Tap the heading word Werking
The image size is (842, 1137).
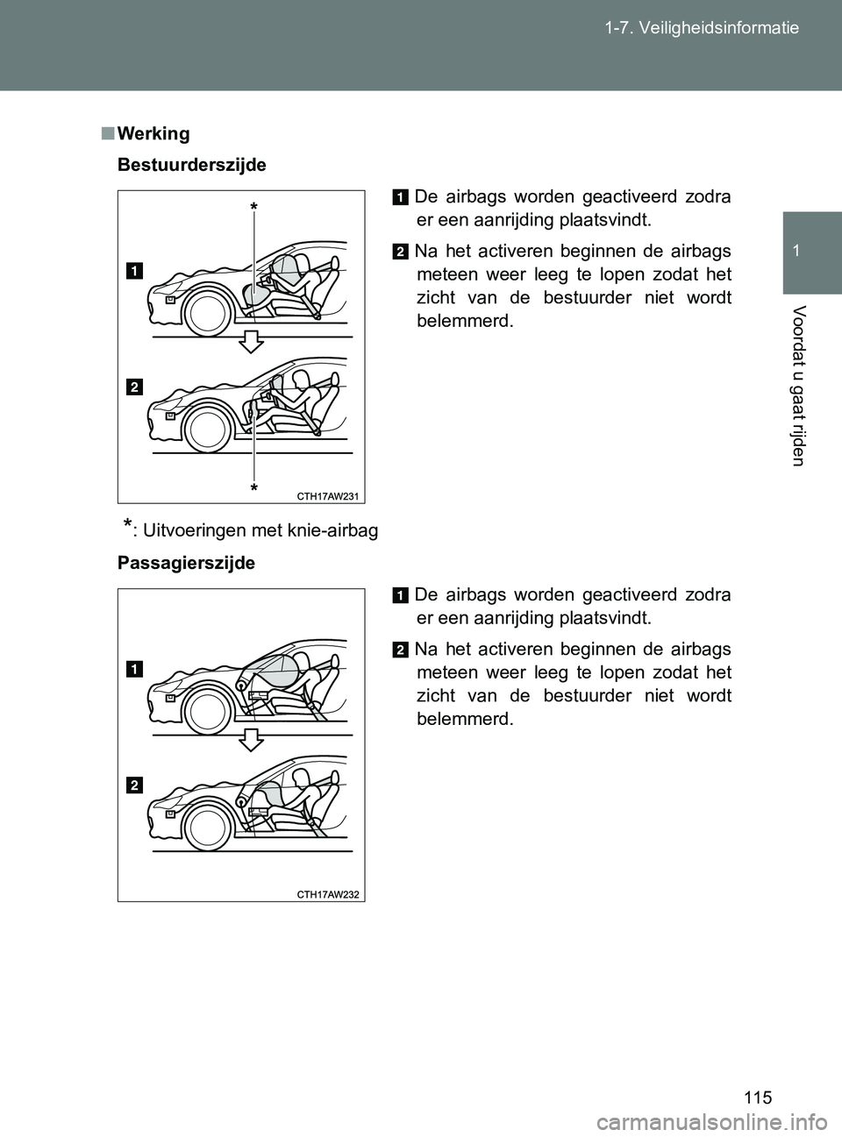(x=153, y=134)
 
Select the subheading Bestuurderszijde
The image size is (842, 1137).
(x=192, y=165)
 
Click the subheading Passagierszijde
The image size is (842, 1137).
(x=187, y=563)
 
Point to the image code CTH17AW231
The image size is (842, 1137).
(x=328, y=496)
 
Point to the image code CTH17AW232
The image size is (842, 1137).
(x=328, y=894)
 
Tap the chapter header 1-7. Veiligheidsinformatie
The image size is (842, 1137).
(x=701, y=28)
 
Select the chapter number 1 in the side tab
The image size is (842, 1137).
(x=811, y=251)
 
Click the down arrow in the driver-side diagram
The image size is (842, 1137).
(x=251, y=340)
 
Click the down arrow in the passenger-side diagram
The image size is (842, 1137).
(x=251, y=738)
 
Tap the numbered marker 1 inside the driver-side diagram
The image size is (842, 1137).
(x=134, y=270)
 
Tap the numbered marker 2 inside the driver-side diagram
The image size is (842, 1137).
(x=134, y=387)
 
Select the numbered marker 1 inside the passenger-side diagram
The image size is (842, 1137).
(x=134, y=669)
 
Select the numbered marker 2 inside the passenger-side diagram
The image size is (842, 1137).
(x=134, y=786)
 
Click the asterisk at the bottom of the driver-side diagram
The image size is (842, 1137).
(x=253, y=487)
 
